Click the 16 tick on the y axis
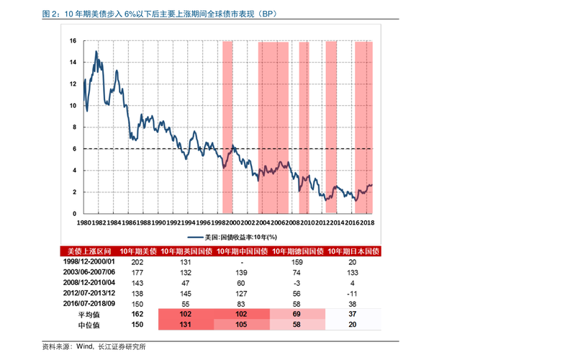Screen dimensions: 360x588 coord(73,41)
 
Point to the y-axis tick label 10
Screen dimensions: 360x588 coord(73,106)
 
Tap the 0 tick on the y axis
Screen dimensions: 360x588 coord(74,214)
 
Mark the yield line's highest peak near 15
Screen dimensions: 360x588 coord(96,52)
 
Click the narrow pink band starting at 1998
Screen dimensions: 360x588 coord(227,127)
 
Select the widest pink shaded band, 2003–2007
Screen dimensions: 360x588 coord(273,127)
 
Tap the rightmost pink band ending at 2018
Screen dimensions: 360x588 coord(363,127)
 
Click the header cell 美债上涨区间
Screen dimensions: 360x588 coord(89,251)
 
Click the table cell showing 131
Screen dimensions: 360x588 coord(185,325)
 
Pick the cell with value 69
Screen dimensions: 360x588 coord(297,315)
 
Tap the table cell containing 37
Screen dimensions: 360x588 coord(352,315)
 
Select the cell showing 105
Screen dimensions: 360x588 coord(241,325)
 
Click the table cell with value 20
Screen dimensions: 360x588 coord(352,325)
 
